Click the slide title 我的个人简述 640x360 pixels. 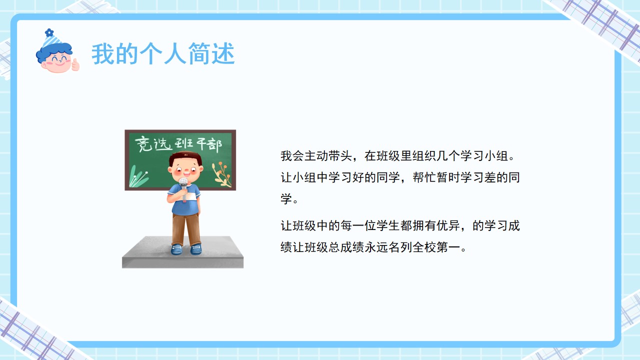pyautogui.click(x=163, y=53)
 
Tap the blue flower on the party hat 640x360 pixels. pyautogui.click(x=49, y=32)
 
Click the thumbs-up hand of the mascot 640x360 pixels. pyautogui.click(x=75, y=64)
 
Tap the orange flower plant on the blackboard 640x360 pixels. pyautogui.click(x=222, y=174)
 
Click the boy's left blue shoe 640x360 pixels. pyautogui.click(x=176, y=249)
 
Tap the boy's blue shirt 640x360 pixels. pyautogui.click(x=185, y=199)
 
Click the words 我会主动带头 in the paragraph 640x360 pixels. pyautogui.click(x=316, y=156)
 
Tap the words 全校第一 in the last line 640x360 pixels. pyautogui.click(x=436, y=247)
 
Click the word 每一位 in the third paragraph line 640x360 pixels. pyautogui.click(x=357, y=225)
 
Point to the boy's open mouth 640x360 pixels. pyautogui.click(x=186, y=173)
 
